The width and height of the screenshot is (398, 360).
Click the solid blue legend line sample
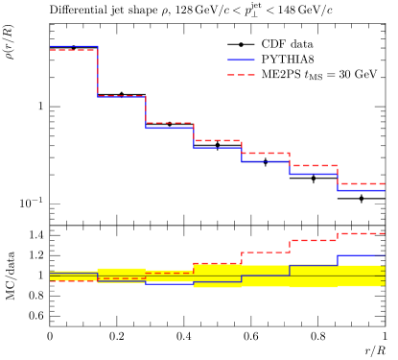pos(241,60)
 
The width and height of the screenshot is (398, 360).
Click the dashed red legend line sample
pos(241,75)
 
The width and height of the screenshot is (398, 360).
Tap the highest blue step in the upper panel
pos(74,46)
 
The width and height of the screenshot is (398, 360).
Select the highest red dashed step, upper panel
pos(74,50)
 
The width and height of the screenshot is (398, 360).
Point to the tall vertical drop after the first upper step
pos(98,72)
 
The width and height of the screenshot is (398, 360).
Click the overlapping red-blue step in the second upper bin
pos(122,96)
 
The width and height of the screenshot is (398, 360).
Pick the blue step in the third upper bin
pos(170,128)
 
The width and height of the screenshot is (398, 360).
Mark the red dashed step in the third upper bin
pos(170,123)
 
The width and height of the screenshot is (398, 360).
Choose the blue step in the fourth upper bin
pos(218,148)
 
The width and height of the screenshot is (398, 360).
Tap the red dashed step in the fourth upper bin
pos(218,140)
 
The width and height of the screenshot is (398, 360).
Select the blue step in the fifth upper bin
pos(266,161)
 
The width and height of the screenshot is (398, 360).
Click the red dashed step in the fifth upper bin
pos(266,153)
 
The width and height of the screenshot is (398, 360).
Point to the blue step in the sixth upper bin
pos(314,174)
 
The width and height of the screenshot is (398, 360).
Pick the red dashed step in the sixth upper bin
pos(314,165)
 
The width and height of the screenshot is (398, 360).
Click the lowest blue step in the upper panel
pos(361,190)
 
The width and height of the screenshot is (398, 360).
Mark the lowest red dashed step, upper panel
pos(361,183)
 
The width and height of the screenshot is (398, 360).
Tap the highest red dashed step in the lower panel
pos(361,233)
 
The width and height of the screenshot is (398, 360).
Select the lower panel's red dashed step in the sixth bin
pos(314,241)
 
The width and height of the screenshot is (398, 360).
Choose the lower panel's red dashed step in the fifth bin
pos(266,252)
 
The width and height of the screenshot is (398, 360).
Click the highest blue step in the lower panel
pos(361,255)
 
